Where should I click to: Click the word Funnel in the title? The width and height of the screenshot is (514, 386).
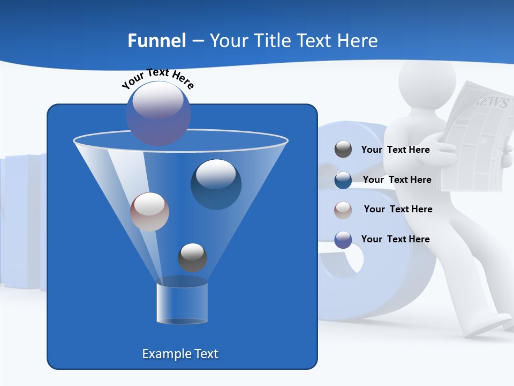[156, 41]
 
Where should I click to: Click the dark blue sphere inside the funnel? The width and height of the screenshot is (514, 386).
[216, 184]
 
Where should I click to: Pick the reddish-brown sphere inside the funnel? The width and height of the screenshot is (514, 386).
[149, 212]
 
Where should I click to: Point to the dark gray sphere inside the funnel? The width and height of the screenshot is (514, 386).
[192, 257]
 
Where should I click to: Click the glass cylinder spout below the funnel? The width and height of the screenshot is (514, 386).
[182, 302]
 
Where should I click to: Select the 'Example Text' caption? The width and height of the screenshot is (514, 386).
[180, 354]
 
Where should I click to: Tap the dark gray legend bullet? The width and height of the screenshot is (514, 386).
[343, 150]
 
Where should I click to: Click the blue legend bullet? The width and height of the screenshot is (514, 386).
[343, 180]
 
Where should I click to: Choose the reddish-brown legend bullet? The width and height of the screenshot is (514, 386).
[343, 210]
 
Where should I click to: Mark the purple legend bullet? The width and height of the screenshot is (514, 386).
[343, 239]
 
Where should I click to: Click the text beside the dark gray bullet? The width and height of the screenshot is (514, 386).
[395, 150]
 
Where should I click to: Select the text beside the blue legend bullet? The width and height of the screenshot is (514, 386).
[397, 180]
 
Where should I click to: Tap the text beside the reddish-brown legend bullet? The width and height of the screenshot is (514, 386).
[398, 209]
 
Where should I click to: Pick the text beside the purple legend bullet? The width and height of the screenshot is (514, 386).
[395, 239]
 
